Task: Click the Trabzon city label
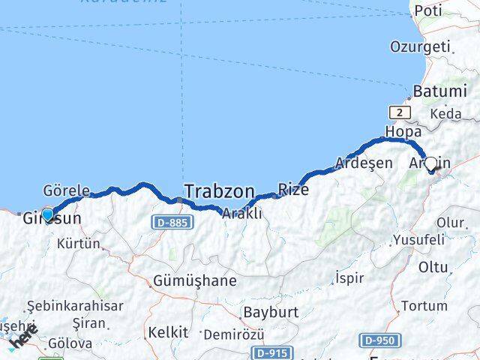click(219, 190)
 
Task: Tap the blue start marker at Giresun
click(47, 215)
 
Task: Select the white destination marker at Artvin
click(431, 165)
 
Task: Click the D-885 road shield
click(172, 222)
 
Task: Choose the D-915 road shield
click(271, 352)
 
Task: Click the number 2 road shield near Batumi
click(400, 112)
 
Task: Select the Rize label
click(293, 189)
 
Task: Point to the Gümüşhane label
click(194, 281)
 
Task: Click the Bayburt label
click(271, 311)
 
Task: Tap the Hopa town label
click(403, 131)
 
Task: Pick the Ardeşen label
click(364, 163)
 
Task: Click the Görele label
click(66, 190)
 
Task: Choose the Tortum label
click(424, 305)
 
